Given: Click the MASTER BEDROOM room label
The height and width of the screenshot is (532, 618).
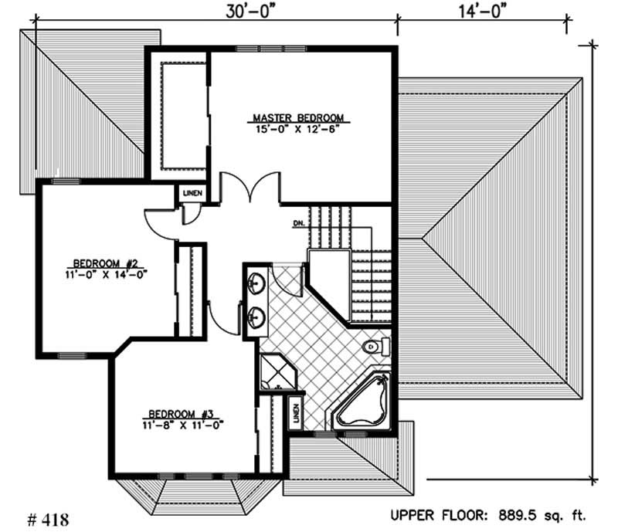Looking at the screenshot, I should (x=298, y=118).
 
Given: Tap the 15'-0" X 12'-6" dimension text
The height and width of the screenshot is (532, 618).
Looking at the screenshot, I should (x=298, y=128).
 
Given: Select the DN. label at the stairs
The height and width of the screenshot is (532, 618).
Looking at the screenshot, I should (x=299, y=224).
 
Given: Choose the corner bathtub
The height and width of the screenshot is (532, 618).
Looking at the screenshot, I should (x=363, y=402).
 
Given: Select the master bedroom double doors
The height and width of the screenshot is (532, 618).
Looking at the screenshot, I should (x=249, y=189).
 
